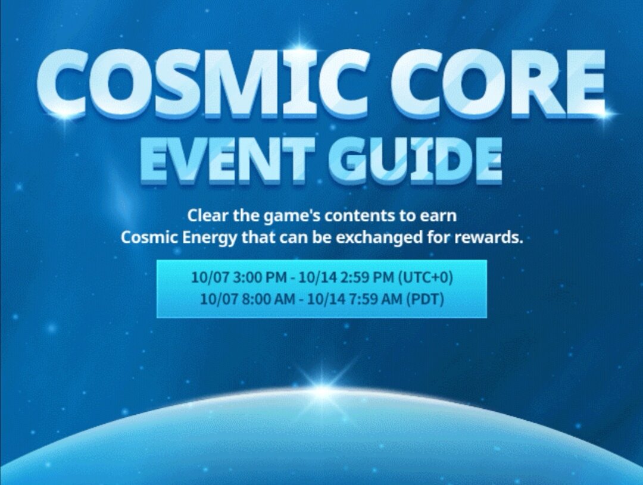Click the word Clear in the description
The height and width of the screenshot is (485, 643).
(204, 215)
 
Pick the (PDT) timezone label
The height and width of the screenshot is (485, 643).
(424, 299)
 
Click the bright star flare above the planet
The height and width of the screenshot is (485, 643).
(322, 390)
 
